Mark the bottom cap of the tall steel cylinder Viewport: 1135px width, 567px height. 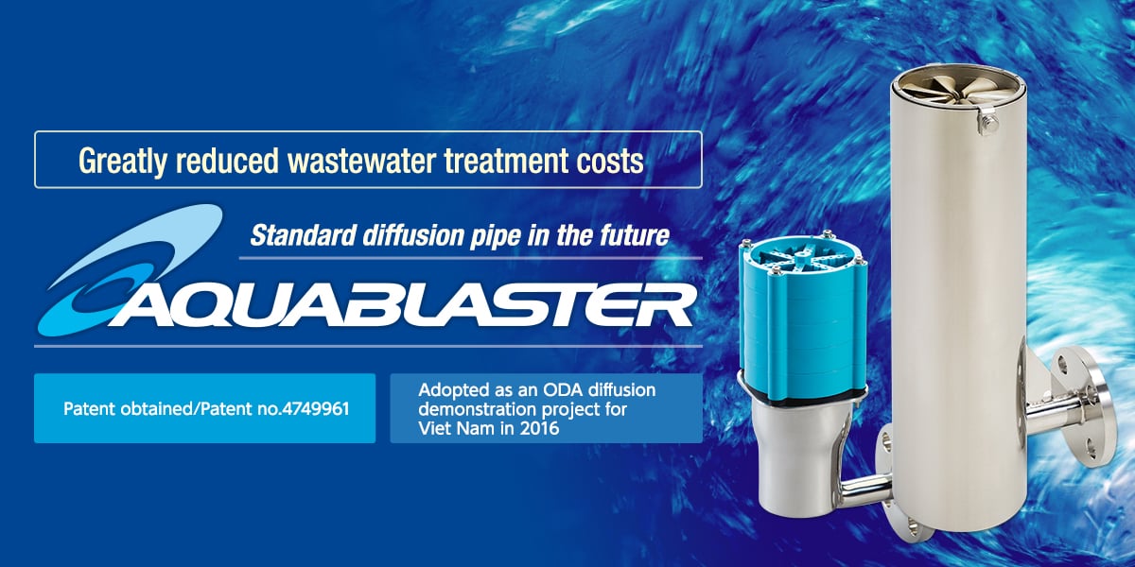[x=955, y=539]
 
